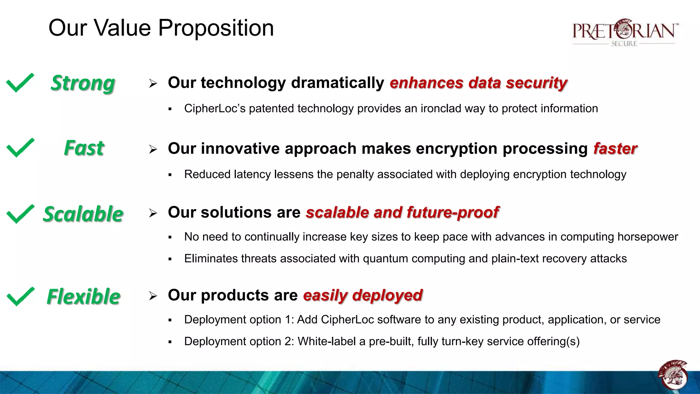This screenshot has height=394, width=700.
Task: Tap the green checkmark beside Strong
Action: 20,83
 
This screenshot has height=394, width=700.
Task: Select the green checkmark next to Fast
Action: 20,148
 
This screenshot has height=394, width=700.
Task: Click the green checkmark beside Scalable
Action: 20,214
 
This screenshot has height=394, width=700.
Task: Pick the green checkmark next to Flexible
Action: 20,296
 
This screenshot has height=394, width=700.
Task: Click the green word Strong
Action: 83,83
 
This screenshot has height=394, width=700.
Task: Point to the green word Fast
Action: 84,148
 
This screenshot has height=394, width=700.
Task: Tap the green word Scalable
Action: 83,214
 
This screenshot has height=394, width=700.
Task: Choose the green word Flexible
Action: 83,297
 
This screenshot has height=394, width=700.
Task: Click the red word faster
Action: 615,149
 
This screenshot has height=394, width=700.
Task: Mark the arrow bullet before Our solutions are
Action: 153,213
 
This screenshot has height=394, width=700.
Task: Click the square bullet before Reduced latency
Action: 170,175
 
